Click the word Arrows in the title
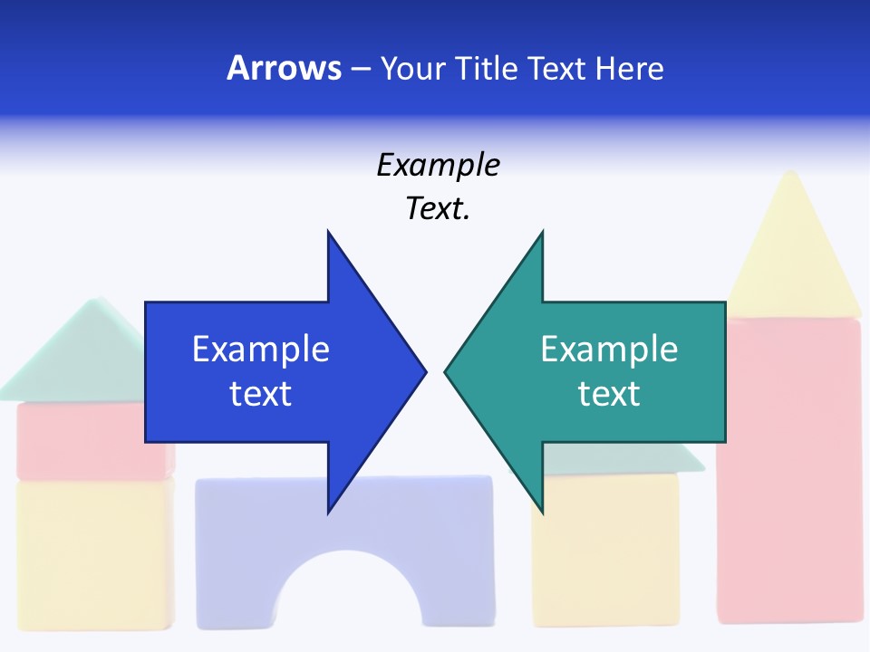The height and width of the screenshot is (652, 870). point(284,68)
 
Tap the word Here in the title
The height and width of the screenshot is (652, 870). point(629,68)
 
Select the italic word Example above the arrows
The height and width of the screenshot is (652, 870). point(439,166)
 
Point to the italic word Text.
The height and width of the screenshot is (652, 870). point(439,209)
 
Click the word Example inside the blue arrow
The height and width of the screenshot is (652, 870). point(261,349)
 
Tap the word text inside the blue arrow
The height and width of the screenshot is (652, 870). point(261,394)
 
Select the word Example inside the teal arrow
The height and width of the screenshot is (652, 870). point(609,349)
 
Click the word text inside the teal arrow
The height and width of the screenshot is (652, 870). point(609,394)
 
